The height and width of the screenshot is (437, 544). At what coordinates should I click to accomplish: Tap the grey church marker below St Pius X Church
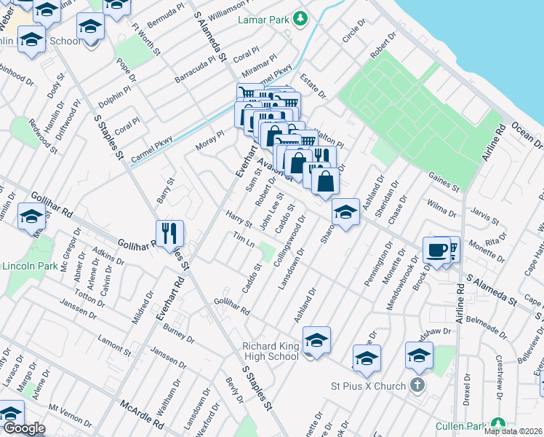pos(417,385)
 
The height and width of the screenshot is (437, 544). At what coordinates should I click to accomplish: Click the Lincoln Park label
pos(28,267)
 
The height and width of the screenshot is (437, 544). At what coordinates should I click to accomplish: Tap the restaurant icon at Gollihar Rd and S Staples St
pos(169,233)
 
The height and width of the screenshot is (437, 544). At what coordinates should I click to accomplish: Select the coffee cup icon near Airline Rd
pos(436,250)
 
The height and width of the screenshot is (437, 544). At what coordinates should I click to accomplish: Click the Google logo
pos(23,428)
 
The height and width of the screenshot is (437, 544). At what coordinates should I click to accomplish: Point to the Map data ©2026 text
pos(513,431)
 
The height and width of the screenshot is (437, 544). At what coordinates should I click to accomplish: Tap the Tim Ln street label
pos(243,240)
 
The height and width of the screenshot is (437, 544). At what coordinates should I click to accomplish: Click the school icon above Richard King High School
pos(316,339)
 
